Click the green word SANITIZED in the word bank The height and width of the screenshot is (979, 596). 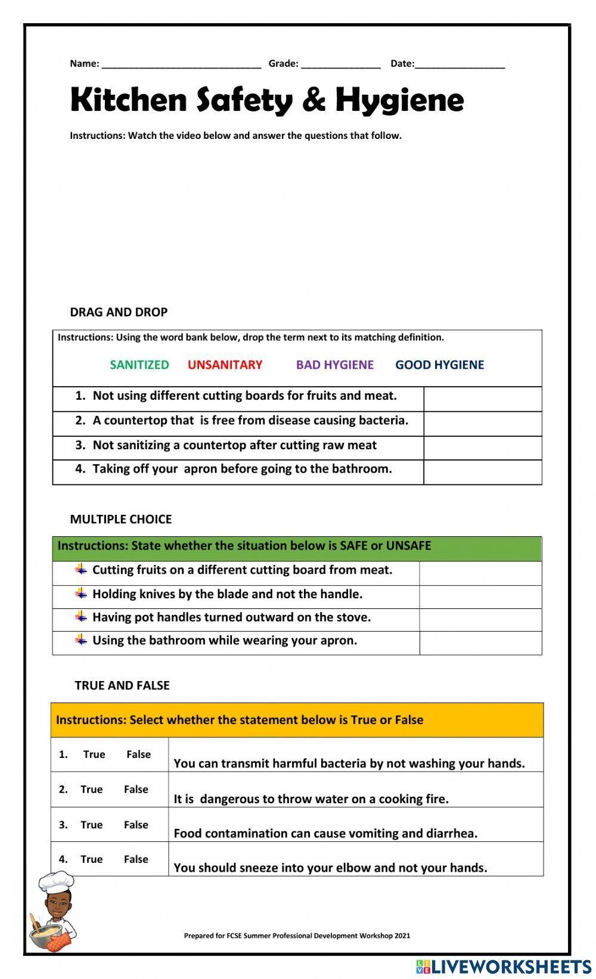coord(139,365)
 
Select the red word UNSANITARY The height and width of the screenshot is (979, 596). coord(225,365)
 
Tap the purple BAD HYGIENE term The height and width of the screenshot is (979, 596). coord(335,365)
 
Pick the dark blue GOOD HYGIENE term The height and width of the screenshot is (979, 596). coord(440,365)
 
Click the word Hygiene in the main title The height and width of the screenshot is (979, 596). coord(399,100)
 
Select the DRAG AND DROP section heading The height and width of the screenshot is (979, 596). coord(119,312)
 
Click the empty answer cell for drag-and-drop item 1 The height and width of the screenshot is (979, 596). coord(483,399)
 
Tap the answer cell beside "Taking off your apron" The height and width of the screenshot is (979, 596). coord(483,472)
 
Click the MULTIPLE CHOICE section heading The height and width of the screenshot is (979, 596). coord(121,519)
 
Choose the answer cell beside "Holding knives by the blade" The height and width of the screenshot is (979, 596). coord(480,596)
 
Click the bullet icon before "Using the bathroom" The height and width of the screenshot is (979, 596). coord(81,640)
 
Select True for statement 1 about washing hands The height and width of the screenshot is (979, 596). coord(94,754)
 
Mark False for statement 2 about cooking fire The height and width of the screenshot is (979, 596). coord(136,790)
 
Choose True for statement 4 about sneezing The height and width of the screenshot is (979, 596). coord(92,859)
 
